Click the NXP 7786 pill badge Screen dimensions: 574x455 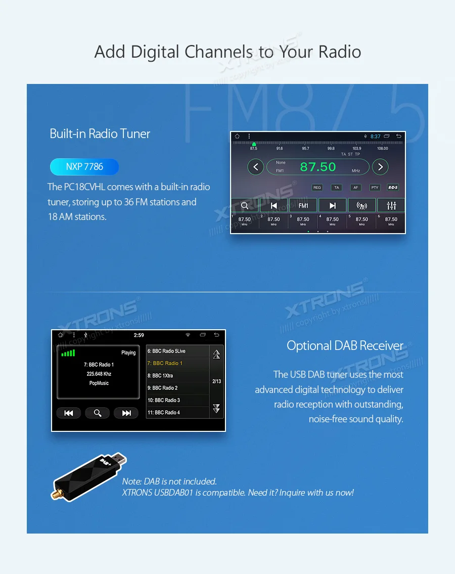point(84,167)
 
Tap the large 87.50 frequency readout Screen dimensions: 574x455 point(318,167)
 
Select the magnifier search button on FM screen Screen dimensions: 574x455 point(245,205)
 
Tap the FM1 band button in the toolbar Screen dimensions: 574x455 point(303,205)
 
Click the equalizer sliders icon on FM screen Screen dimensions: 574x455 point(391,205)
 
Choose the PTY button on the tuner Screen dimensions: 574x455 point(375,188)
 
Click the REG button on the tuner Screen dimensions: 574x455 point(317,188)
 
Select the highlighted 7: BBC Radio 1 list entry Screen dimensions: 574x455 point(177,363)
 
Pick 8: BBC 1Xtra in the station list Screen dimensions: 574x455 point(177,376)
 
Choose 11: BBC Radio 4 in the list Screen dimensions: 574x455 point(177,413)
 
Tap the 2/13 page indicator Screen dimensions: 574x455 point(217,381)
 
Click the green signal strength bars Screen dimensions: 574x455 point(68,352)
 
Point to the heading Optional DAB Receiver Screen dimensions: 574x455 point(345,346)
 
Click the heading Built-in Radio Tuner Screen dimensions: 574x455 point(100,134)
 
